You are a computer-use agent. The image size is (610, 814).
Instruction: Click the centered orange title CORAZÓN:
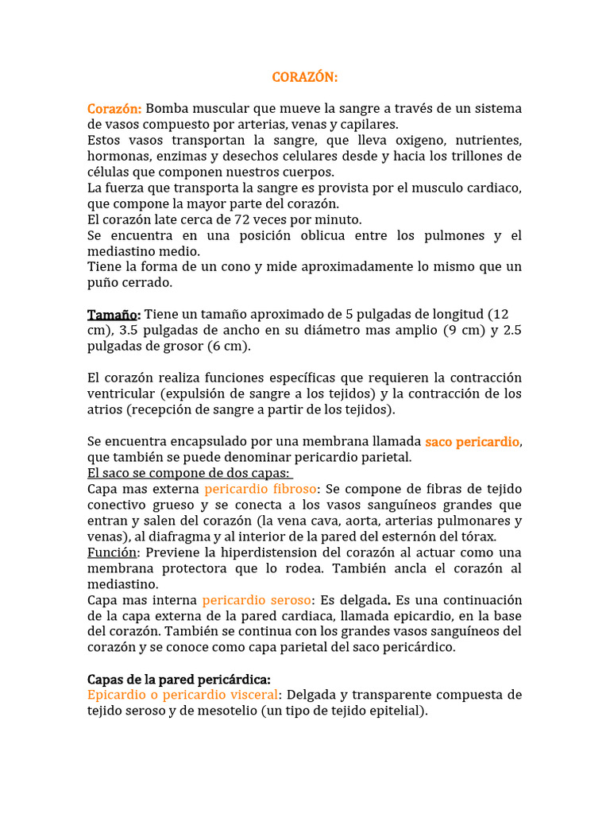coord(305,77)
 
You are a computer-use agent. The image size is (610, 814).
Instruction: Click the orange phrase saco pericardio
coord(473,441)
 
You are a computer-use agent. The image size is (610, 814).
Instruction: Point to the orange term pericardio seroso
coord(257,600)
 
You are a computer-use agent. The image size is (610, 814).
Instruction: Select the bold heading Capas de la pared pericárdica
coord(179,680)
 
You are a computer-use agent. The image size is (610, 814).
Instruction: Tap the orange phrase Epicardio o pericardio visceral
coord(187,696)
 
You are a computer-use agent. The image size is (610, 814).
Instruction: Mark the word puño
coord(102,283)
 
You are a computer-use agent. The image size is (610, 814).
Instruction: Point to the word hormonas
coord(118,156)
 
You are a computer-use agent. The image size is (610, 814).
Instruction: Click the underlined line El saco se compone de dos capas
coord(188,473)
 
